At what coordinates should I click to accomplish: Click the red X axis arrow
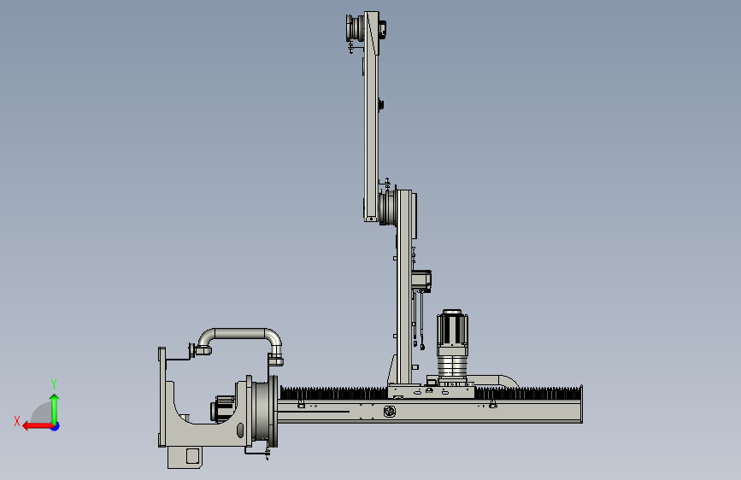(x=38, y=426)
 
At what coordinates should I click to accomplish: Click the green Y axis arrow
(x=55, y=408)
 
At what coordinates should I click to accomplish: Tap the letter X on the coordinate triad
(x=17, y=421)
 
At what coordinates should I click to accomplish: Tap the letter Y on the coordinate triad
(x=54, y=384)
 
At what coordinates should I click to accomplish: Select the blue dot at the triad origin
(x=56, y=426)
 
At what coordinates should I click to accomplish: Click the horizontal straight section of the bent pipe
(x=240, y=334)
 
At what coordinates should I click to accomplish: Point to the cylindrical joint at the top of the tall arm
(x=355, y=28)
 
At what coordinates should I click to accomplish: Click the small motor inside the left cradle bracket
(x=222, y=409)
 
